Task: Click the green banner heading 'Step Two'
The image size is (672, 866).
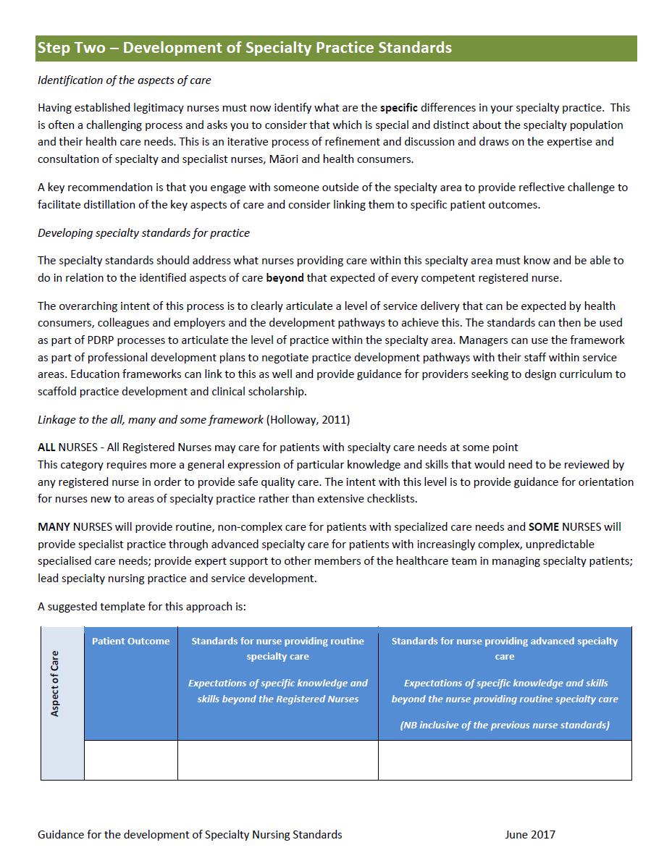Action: tap(244, 48)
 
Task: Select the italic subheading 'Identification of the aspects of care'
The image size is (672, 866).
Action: tap(124, 80)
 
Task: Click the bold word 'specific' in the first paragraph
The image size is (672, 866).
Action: tap(399, 108)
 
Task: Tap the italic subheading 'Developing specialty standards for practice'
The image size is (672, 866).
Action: tap(143, 233)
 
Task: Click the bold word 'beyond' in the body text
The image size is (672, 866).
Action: tap(285, 277)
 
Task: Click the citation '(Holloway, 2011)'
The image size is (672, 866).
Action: tap(308, 420)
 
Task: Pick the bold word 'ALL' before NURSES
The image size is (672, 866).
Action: tap(46, 447)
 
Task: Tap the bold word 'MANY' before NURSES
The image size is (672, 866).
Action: tap(54, 526)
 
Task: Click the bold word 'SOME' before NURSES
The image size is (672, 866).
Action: tap(545, 526)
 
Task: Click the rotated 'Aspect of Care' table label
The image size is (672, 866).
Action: tap(55, 684)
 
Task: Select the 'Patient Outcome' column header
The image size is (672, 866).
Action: tap(131, 641)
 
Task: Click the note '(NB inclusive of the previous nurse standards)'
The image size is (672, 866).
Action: tap(505, 725)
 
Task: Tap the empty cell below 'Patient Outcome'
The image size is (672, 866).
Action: tap(131, 760)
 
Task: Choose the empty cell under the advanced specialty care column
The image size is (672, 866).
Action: tap(505, 760)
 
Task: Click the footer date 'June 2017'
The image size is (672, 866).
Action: tap(530, 835)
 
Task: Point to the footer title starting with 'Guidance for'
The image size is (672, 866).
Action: tap(190, 835)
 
